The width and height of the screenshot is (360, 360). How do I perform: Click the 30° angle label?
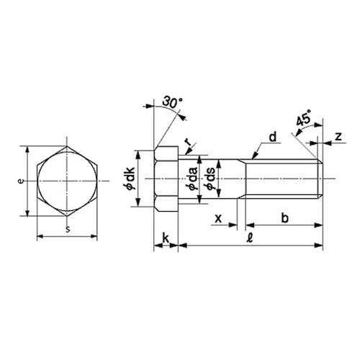coord(172,102)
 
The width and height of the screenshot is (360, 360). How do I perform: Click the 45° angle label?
coord(303,118)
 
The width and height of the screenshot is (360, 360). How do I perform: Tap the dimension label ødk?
coord(131,179)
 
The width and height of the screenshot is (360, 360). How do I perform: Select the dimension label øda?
coord(193,179)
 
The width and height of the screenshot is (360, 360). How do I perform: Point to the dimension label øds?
coord(210,179)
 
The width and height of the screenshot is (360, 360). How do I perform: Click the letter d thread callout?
coord(273,137)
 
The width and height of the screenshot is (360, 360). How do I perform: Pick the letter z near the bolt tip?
coord(338,136)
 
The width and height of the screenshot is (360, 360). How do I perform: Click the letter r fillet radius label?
coord(189,142)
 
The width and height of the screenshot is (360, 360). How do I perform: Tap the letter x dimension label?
coord(218,218)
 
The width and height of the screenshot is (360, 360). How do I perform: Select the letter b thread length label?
coord(284,218)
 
